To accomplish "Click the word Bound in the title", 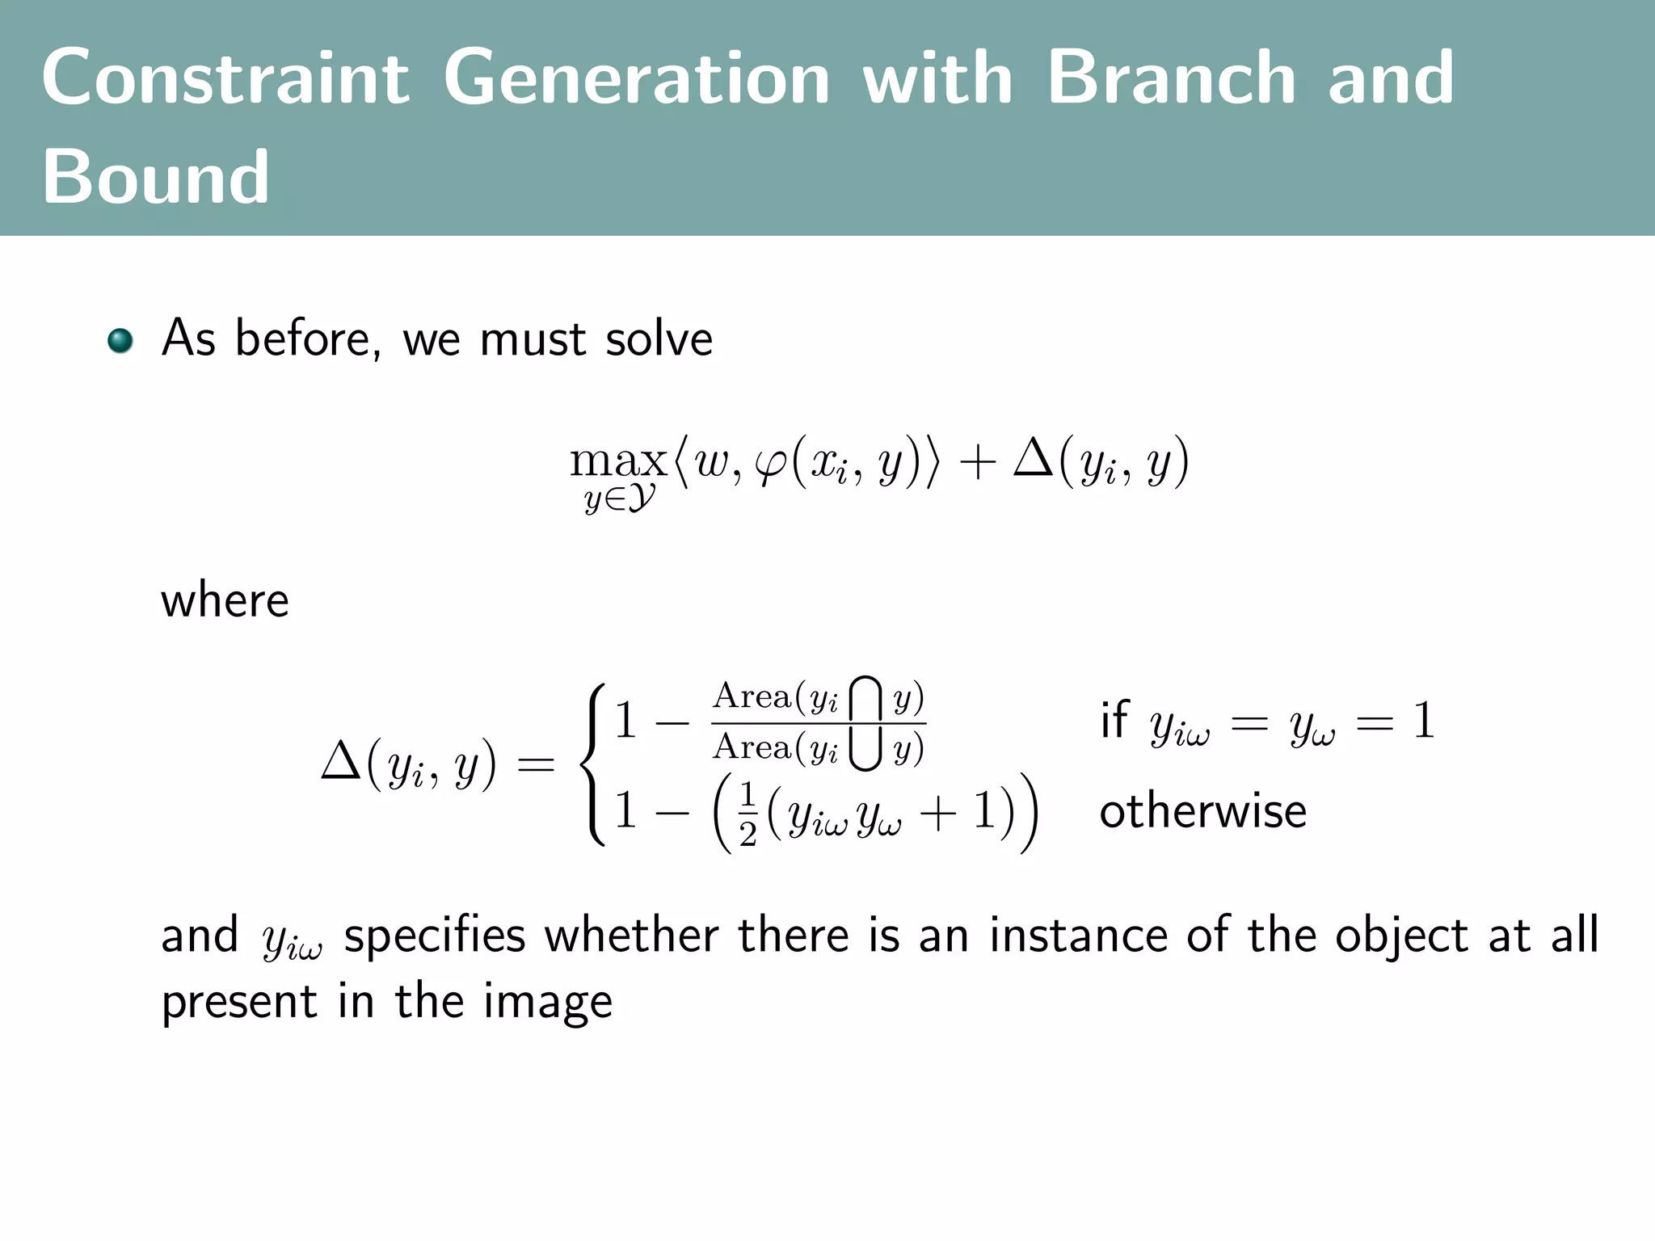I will coord(155,177).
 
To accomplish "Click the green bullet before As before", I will coord(120,340).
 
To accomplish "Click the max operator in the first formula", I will coord(618,461).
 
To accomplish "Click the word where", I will coord(225,600).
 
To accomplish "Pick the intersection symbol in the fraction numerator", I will coord(865,699).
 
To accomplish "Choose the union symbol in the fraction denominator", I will coord(865,749).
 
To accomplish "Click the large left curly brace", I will coord(596,764).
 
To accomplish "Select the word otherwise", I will coord(1202,810).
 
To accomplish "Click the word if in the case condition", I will coord(1114,719).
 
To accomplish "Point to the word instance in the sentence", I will coord(1079,935).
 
